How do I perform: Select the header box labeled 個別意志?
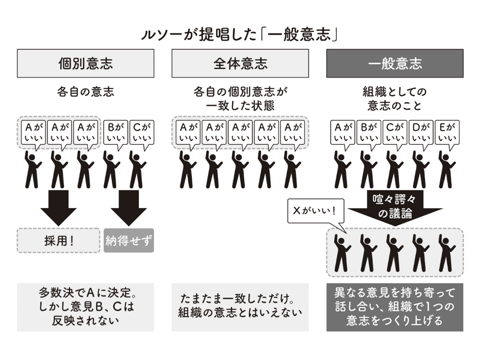pyautogui.click(x=85, y=63)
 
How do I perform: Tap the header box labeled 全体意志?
pyautogui.click(x=240, y=63)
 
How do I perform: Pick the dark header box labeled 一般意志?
pyautogui.click(x=395, y=63)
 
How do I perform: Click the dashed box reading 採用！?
pyautogui.click(x=59, y=241)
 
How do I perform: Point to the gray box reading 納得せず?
pyautogui.click(x=129, y=241)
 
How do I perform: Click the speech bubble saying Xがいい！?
pyautogui.click(x=315, y=211)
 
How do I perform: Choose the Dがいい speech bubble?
pyautogui.click(x=421, y=132)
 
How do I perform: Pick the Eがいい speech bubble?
pyautogui.click(x=447, y=132)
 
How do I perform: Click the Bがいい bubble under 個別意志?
pyautogui.click(x=116, y=132)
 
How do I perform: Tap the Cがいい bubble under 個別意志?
pyautogui.click(x=142, y=132)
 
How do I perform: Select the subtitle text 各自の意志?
pyautogui.click(x=85, y=92)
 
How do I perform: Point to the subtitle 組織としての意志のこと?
pyautogui.click(x=395, y=99)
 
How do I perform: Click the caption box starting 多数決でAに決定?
pyautogui.click(x=85, y=307)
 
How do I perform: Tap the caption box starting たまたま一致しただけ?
pyautogui.click(x=240, y=307)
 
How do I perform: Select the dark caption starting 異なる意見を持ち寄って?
pyautogui.click(x=395, y=307)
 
